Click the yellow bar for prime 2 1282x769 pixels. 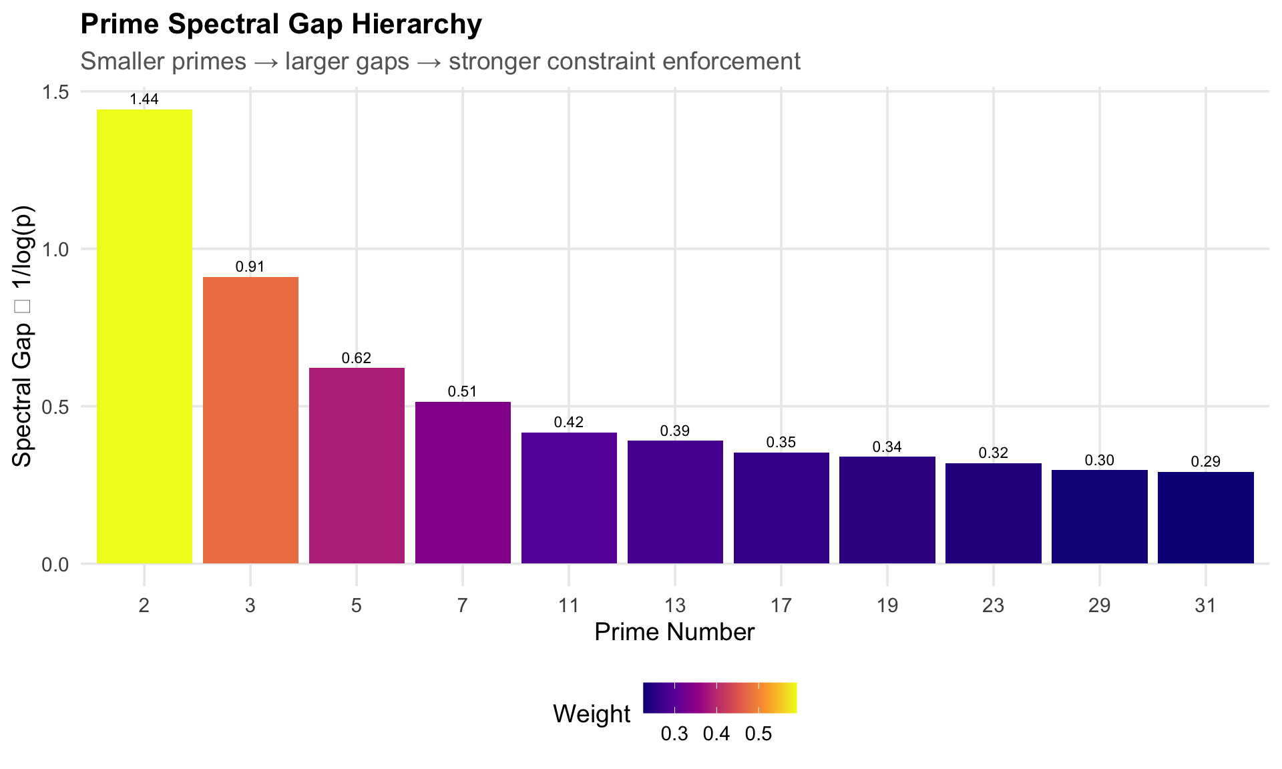pyautogui.click(x=144, y=336)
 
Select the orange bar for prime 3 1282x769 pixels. pyautogui.click(x=250, y=421)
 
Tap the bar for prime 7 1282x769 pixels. pyautogui.click(x=463, y=483)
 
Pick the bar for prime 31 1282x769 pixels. pyautogui.click(x=1205, y=518)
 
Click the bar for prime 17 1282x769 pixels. pyautogui.click(x=781, y=508)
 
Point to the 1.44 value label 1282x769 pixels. pyautogui.click(x=144, y=99)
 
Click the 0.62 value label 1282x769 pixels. pyautogui.click(x=357, y=358)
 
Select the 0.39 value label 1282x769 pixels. pyautogui.click(x=675, y=431)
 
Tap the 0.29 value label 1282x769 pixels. pyautogui.click(x=1205, y=462)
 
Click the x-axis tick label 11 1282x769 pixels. pyautogui.click(x=569, y=606)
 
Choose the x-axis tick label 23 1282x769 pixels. pyautogui.click(x=994, y=606)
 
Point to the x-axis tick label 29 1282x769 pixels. pyautogui.click(x=1100, y=606)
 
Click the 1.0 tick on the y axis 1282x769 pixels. pyautogui.click(x=55, y=250)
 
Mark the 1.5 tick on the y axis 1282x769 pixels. pyautogui.click(x=55, y=92)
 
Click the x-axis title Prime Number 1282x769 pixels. pyautogui.click(x=674, y=632)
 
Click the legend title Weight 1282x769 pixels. pyautogui.click(x=592, y=714)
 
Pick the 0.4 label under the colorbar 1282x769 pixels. pyautogui.click(x=716, y=734)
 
